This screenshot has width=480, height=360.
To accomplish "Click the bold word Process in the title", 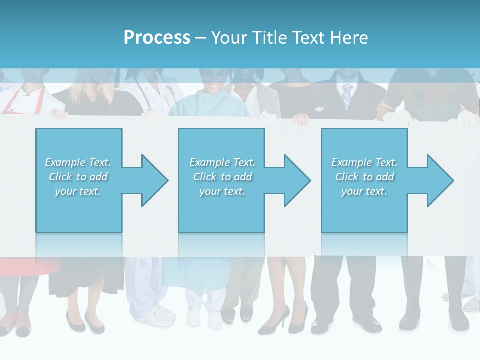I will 157,38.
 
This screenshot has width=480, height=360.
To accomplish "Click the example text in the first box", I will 78,177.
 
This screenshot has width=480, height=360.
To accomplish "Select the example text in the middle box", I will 222,177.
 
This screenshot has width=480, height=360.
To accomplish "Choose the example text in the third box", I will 364,177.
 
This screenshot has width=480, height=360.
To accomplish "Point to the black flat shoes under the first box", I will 85,322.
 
